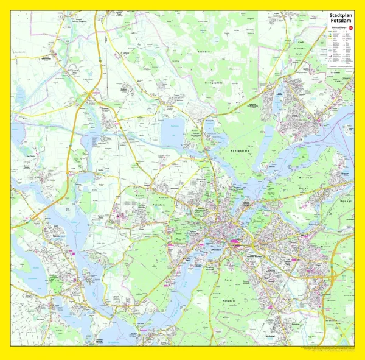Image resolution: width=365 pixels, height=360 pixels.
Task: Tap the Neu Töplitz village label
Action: [28, 165]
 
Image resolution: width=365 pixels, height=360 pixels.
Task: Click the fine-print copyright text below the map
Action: [328, 349]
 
